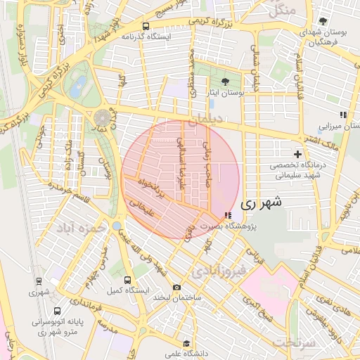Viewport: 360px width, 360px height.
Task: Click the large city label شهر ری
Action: tap(261, 203)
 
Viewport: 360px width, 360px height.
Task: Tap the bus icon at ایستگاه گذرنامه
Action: tap(146, 25)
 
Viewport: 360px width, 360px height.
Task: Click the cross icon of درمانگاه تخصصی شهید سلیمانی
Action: tap(297, 153)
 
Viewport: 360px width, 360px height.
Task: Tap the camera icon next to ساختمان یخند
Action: tap(176, 287)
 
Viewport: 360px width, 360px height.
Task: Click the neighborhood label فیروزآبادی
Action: tap(218, 270)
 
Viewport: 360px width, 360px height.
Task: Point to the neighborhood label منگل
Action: tap(281, 11)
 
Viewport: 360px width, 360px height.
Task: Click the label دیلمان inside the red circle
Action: tap(204, 120)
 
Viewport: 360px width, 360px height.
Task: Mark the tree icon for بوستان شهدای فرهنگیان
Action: tap(322, 21)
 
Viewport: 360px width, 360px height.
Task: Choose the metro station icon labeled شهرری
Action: tap(39, 281)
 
